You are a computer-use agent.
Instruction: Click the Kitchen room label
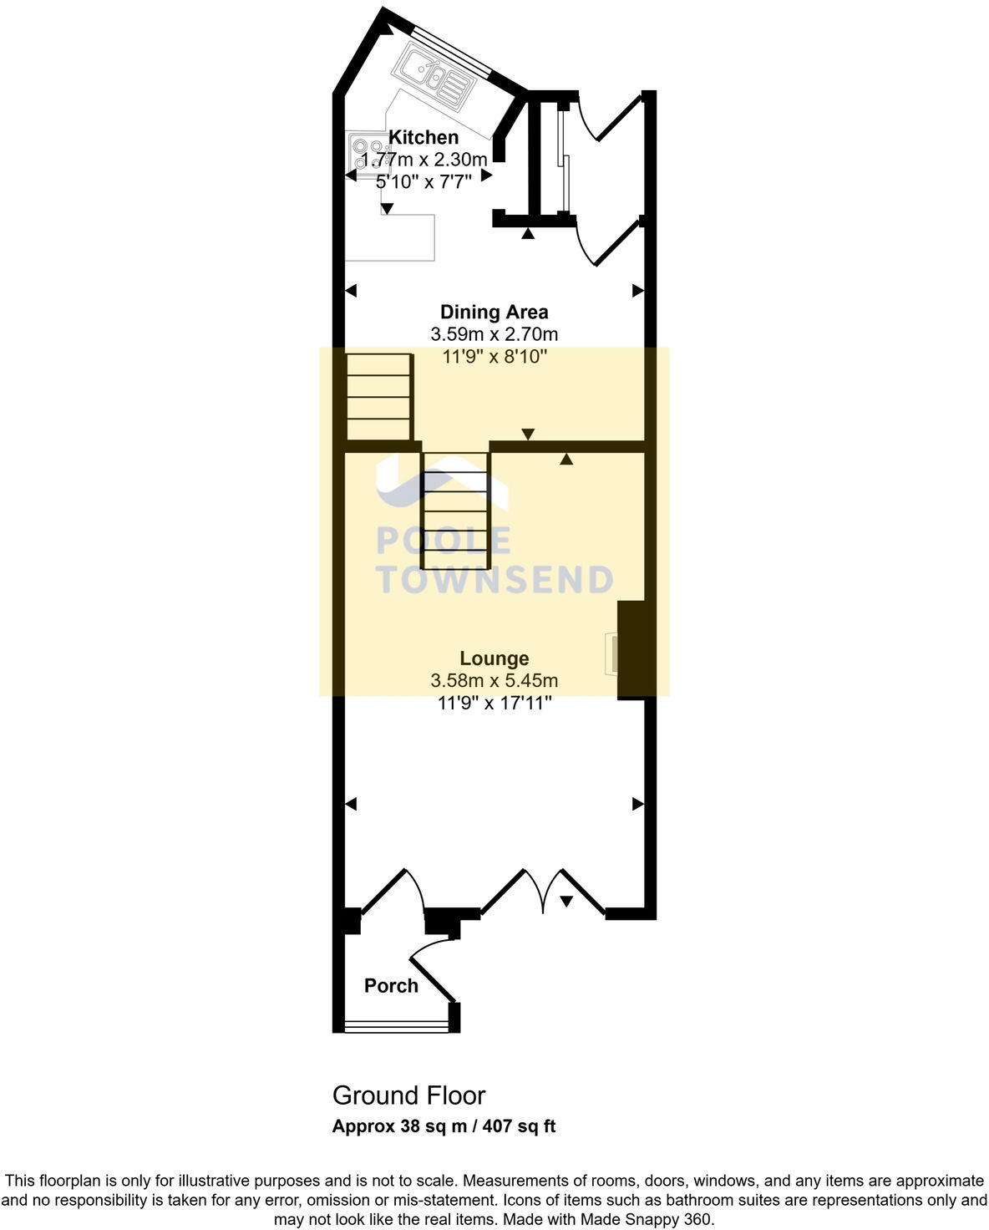click(x=423, y=138)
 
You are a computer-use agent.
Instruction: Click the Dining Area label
click(x=494, y=313)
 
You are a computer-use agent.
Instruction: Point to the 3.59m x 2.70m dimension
click(x=494, y=334)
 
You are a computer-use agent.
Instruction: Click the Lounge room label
click(x=494, y=658)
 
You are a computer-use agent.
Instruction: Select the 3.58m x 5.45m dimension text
click(x=494, y=681)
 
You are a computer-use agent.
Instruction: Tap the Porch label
click(x=391, y=986)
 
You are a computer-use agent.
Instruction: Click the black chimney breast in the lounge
click(x=636, y=648)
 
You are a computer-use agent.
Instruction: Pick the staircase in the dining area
click(x=379, y=397)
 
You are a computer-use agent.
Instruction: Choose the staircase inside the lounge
click(x=455, y=511)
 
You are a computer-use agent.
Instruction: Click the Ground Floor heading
click(x=408, y=1095)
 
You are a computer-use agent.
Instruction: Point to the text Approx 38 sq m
click(x=393, y=1126)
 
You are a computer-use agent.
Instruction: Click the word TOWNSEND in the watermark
click(x=496, y=580)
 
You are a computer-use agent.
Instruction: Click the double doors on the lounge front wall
click(x=543, y=894)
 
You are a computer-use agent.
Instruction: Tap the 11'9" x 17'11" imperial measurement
click(x=494, y=704)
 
